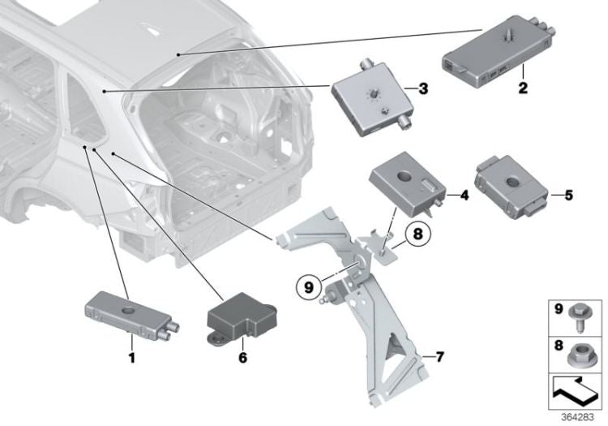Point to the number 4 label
[x=464, y=195]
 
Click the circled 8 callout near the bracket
[x=414, y=235]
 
